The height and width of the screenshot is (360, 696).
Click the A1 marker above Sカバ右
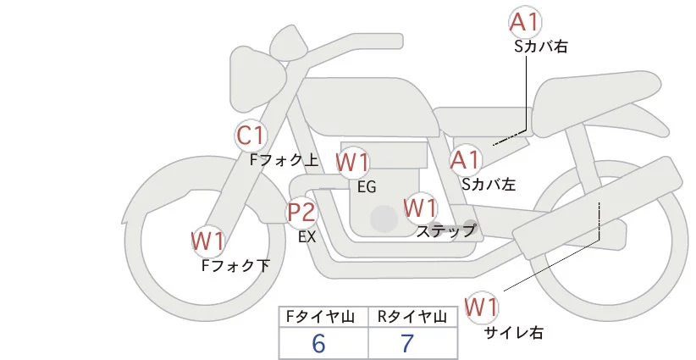[525, 22]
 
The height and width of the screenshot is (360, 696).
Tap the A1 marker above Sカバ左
[465, 159]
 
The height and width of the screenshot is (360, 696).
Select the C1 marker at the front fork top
[251, 135]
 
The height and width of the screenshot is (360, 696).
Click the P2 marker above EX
[301, 213]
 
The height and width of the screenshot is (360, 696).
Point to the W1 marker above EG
[352, 163]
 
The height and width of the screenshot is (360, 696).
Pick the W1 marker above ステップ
[420, 208]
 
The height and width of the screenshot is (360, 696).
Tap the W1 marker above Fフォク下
[207, 242]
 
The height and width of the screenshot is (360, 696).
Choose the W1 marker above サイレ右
[483, 307]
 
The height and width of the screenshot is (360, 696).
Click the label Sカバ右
[540, 47]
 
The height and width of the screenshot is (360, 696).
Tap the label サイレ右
[513, 333]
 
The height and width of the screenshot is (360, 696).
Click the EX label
[307, 237]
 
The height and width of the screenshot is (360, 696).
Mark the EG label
[367, 186]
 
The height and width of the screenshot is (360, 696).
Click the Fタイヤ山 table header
[323, 317]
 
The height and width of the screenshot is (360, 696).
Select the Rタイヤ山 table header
[412, 317]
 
